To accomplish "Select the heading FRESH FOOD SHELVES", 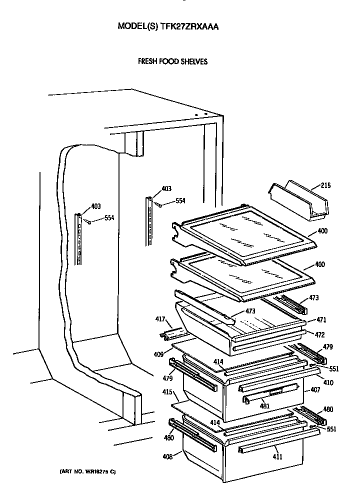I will point(172,62).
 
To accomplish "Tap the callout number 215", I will point(325,186).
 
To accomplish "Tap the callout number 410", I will point(328,382).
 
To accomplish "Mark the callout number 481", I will point(265,406).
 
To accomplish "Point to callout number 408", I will point(166,456).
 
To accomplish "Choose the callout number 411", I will point(277,456).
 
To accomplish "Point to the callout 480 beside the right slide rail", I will point(328,409).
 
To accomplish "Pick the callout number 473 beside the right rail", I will point(313,298).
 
